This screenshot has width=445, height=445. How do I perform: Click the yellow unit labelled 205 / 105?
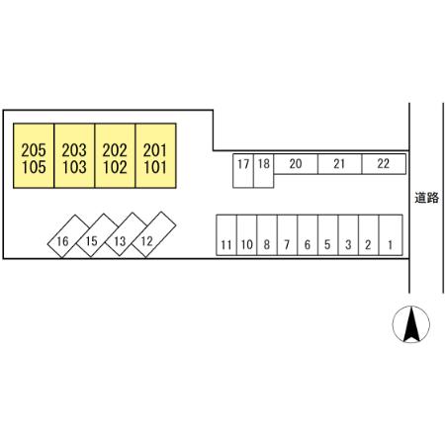[x=34, y=156]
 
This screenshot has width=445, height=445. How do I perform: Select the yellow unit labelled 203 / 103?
[x=74, y=156]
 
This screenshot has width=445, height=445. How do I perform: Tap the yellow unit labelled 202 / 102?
[x=115, y=156]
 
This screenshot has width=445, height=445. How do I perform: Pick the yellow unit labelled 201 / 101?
[x=155, y=156]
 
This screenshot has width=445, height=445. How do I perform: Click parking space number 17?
[x=243, y=171]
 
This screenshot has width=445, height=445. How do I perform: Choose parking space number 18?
[x=264, y=171]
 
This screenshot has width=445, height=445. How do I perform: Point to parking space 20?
[x=296, y=164]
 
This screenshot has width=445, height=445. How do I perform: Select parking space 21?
[x=340, y=164]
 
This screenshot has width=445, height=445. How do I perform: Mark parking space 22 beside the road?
[x=384, y=164]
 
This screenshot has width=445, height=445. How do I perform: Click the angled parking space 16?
[x=68, y=236]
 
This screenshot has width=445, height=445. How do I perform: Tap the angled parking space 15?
[x=97, y=235]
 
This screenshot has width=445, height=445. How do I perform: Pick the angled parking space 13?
[x=126, y=234]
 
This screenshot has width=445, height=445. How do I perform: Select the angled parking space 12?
[x=153, y=234]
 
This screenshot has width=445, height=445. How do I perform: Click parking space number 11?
[x=226, y=235]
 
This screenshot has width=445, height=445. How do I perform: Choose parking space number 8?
[x=267, y=235]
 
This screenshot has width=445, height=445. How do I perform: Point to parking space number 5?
[x=328, y=235]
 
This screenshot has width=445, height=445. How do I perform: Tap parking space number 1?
[x=391, y=235]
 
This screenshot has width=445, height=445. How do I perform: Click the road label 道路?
[x=427, y=198]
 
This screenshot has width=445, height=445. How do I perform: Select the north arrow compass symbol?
[x=411, y=324]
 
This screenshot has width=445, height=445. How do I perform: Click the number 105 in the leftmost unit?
[x=34, y=167]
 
